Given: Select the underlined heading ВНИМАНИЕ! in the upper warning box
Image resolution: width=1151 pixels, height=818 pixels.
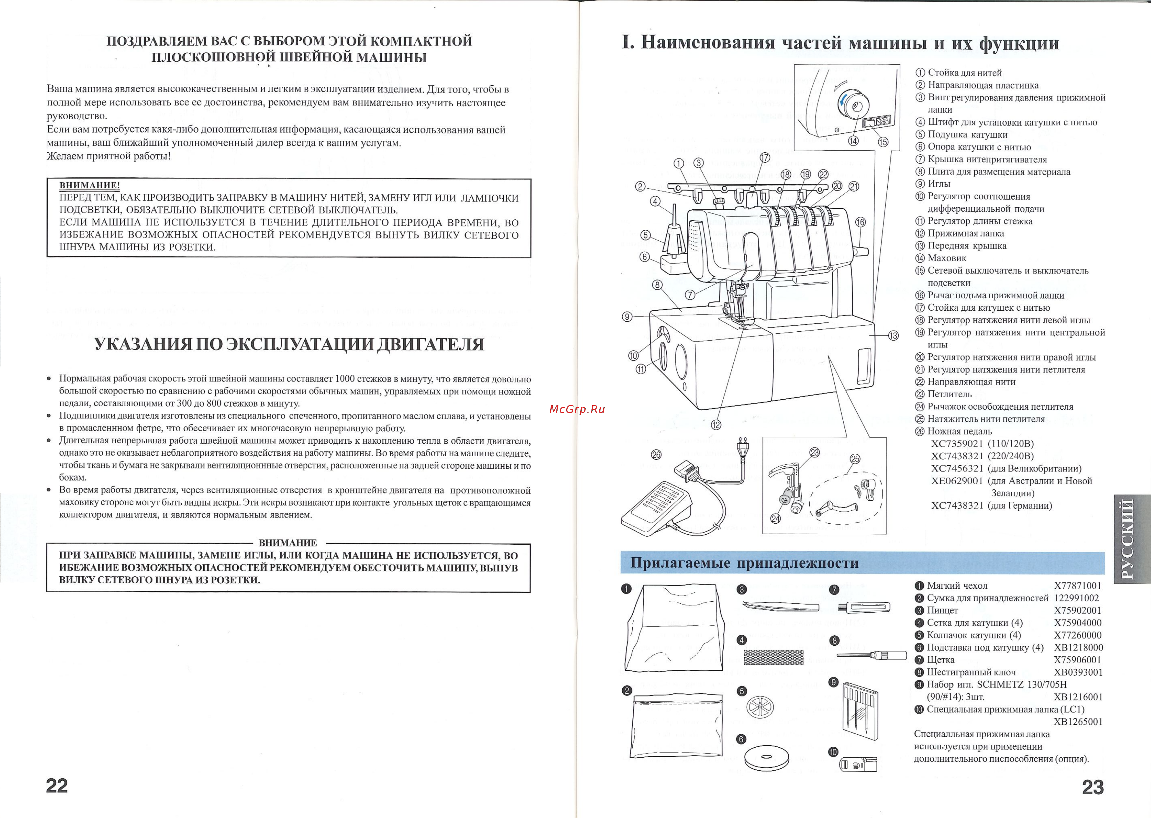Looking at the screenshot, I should click(x=89, y=185).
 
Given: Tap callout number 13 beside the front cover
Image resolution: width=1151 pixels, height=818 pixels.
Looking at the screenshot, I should click(x=893, y=335).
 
